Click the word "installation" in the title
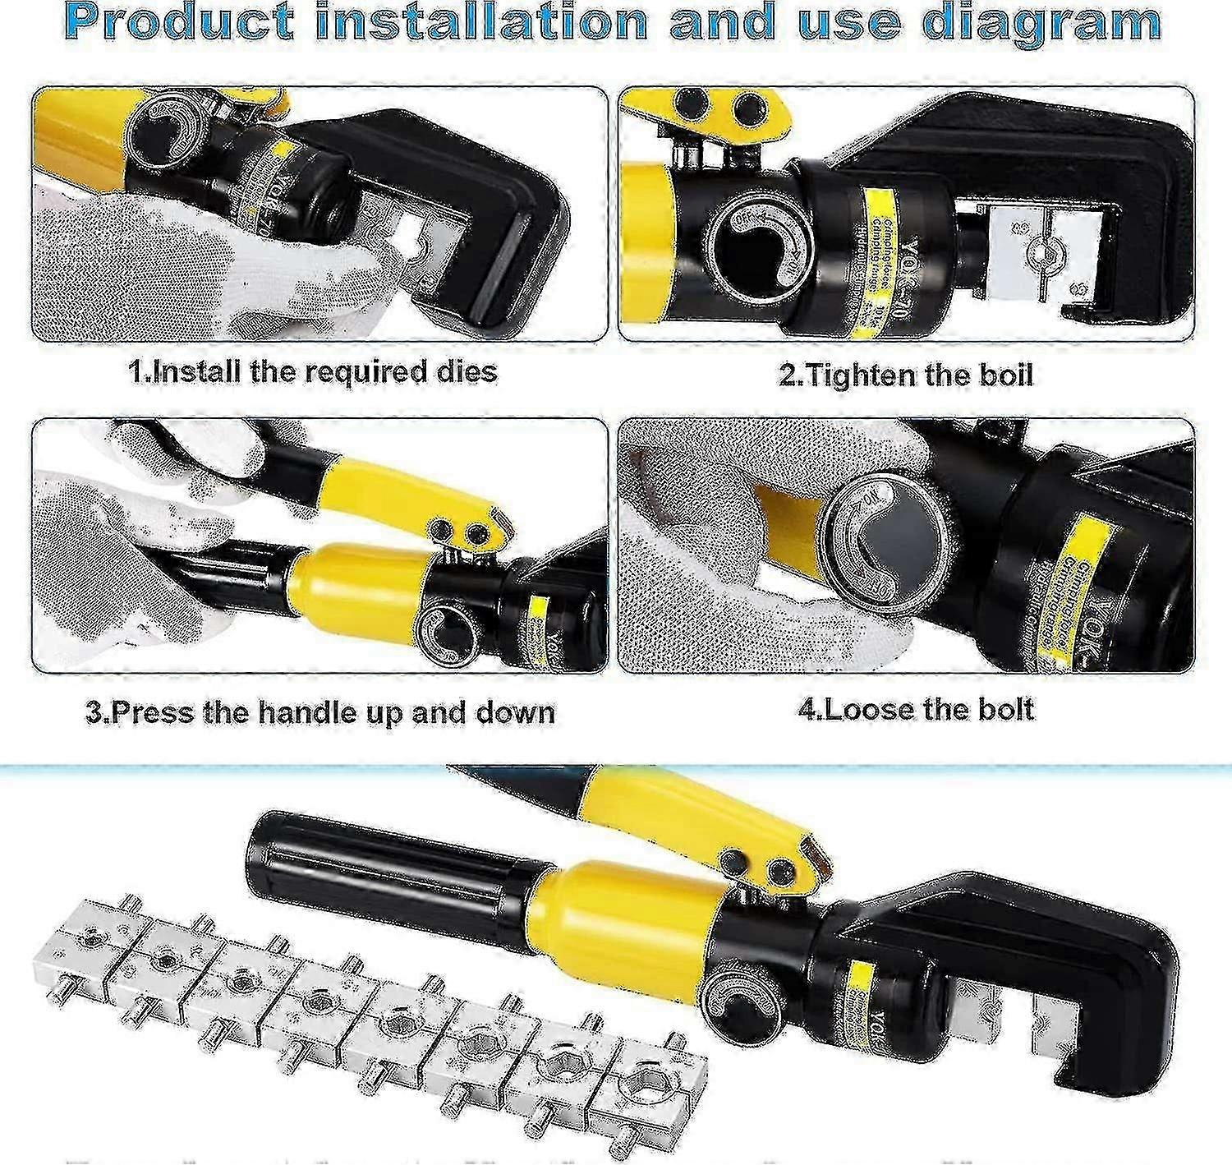[482, 22]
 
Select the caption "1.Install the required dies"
[313, 371]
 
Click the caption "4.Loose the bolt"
[916, 709]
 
